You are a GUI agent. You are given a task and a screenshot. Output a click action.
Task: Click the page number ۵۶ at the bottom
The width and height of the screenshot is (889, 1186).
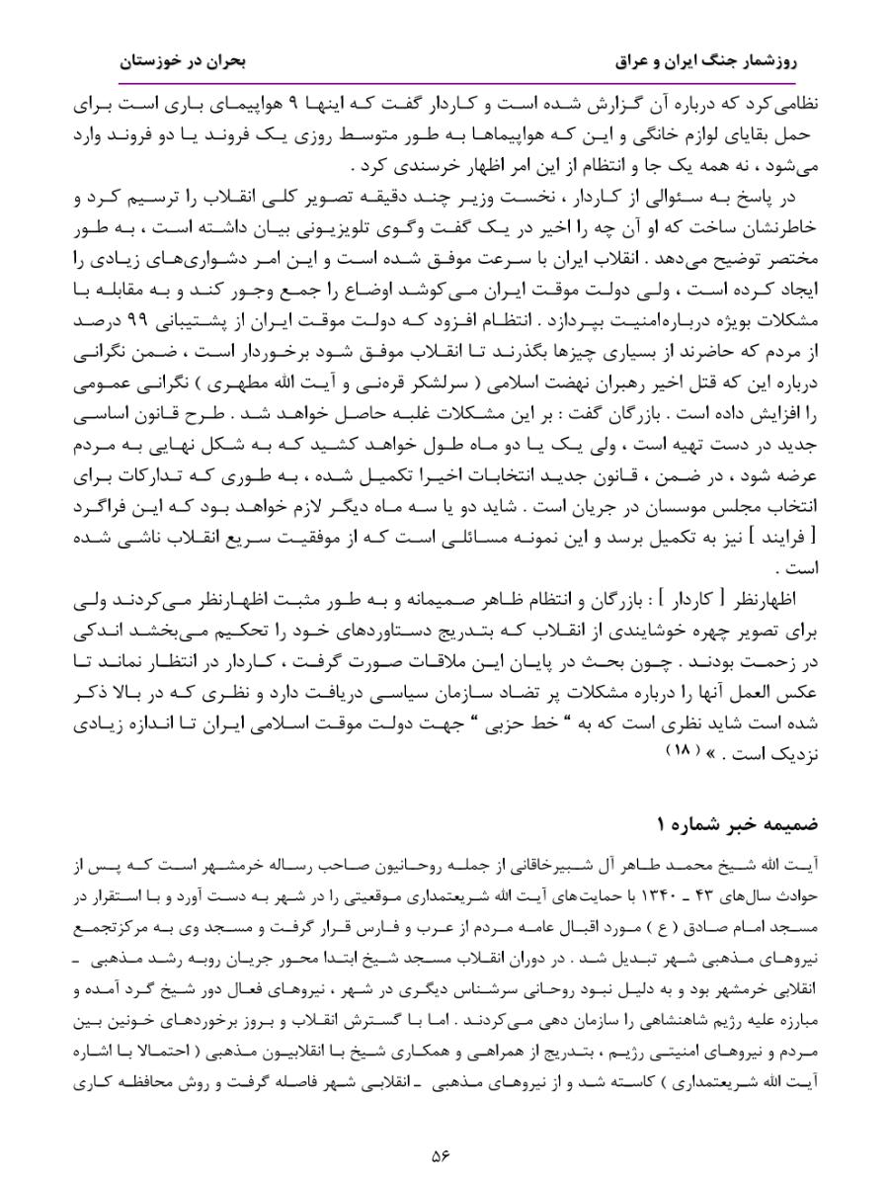click(443, 1152)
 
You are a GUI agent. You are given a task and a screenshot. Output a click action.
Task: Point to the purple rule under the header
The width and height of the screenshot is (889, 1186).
click(444, 84)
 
